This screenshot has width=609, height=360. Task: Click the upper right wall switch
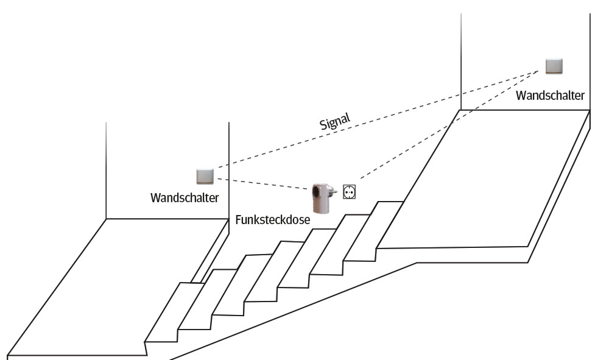coord(554,66)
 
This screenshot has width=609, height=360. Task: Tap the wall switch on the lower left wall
coord(205,176)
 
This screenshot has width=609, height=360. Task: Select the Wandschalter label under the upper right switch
coord(550,95)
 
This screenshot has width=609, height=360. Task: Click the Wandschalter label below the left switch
coord(185,199)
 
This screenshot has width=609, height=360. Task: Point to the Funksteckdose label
coord(273,220)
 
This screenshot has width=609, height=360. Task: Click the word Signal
coord(335,121)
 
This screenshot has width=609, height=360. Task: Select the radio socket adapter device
coord(321,197)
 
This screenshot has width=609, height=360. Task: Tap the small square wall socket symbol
coord(350,191)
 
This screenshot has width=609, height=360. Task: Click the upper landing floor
coord(487,183)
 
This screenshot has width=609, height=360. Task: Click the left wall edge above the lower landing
coord(107,171)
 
